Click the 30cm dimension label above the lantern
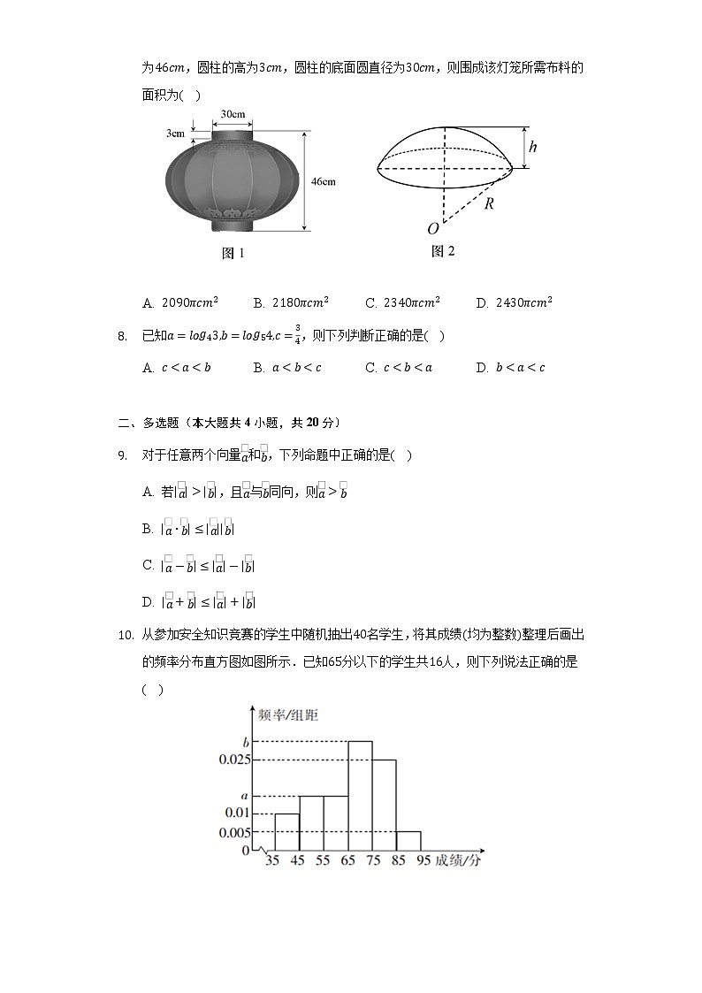(x=233, y=115)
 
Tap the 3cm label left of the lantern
(x=175, y=134)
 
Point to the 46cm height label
(x=323, y=181)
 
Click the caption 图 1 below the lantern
(x=233, y=254)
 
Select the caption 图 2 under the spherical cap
(x=442, y=251)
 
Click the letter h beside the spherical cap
(x=533, y=148)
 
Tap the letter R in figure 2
(x=488, y=202)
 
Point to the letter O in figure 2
(x=433, y=229)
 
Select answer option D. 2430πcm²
(x=514, y=302)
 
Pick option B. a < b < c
(x=287, y=368)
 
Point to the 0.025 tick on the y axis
(x=234, y=760)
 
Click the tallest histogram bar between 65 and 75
(x=360, y=796)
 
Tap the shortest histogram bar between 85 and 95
(x=408, y=841)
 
